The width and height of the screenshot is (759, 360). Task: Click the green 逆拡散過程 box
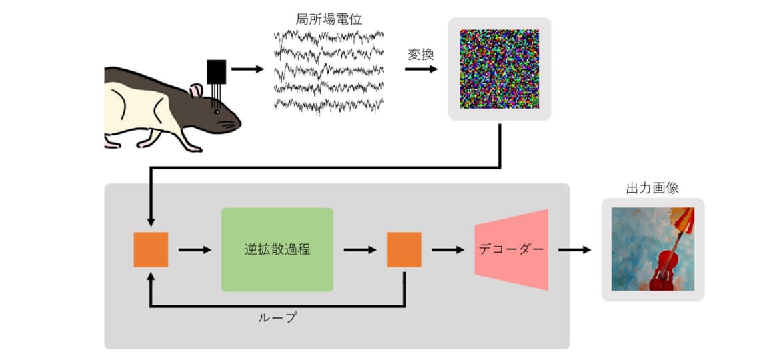click(277, 250)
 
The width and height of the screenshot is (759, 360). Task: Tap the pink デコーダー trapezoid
click(511, 250)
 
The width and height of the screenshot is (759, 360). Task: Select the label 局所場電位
click(329, 19)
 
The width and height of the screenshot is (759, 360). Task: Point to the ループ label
click(277, 318)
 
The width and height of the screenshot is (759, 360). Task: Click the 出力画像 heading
click(652, 188)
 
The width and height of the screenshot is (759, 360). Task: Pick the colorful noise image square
click(499, 69)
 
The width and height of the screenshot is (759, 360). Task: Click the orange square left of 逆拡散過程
click(151, 250)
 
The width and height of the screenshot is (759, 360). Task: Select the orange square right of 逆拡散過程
click(404, 250)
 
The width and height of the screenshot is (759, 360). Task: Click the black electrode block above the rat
click(216, 71)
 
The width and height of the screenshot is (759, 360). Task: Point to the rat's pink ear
click(196, 91)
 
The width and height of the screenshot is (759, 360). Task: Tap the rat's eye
click(217, 112)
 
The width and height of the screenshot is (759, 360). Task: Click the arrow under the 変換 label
click(421, 69)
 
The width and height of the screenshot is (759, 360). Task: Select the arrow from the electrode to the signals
click(248, 69)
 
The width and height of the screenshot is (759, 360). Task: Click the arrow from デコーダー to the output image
click(574, 250)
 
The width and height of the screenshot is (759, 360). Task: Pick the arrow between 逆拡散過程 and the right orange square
click(360, 250)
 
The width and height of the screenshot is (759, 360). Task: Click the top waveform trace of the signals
click(329, 36)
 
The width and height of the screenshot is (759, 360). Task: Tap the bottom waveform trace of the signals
click(329, 105)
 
